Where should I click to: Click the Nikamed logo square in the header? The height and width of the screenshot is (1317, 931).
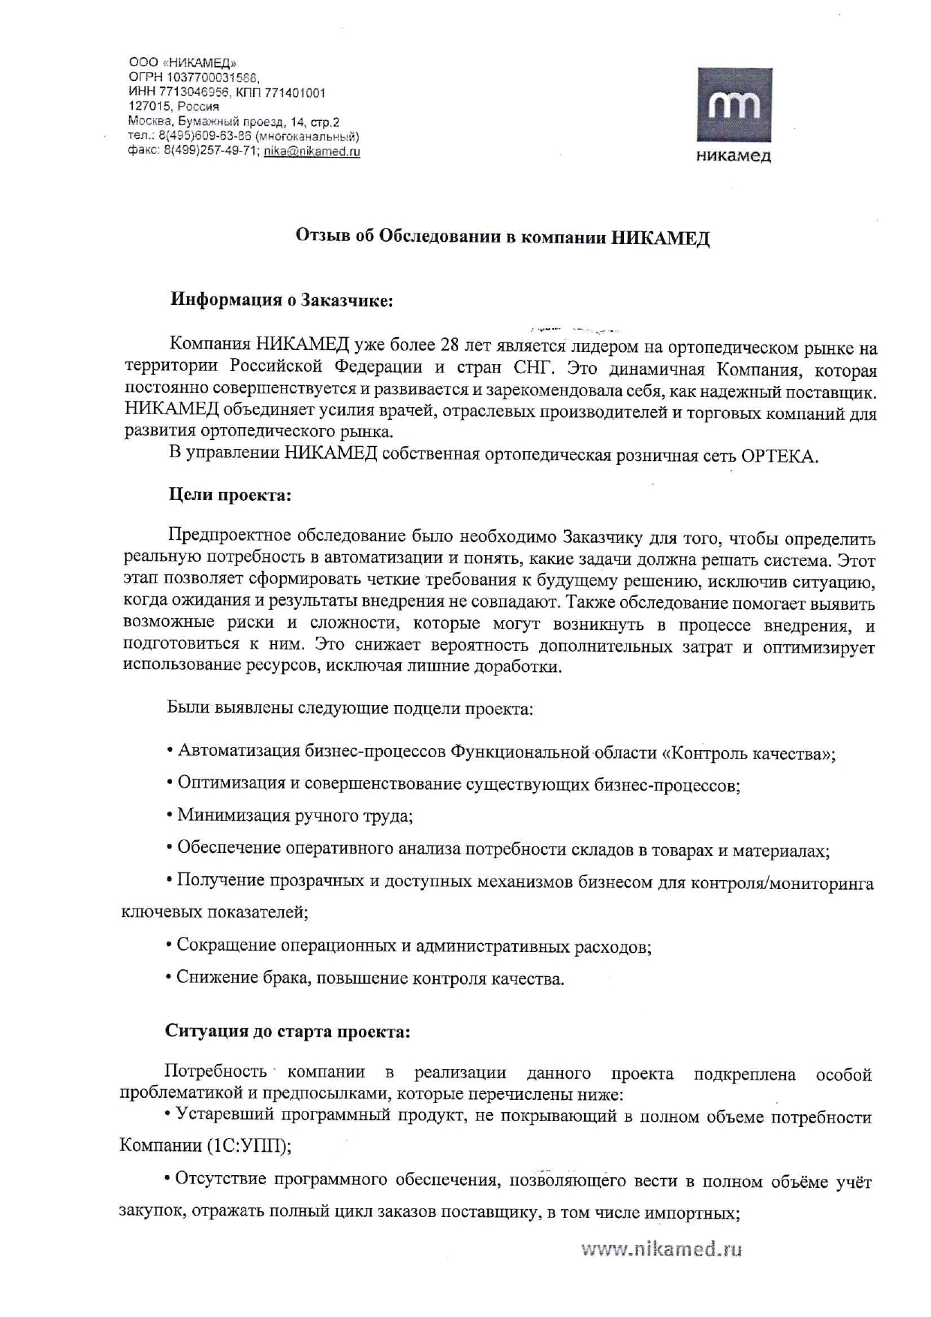(x=734, y=105)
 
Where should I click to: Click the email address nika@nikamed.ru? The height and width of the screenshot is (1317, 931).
(x=312, y=151)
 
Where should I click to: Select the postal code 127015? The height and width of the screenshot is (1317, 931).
(x=146, y=107)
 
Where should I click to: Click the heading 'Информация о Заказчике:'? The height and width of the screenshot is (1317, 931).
(x=282, y=301)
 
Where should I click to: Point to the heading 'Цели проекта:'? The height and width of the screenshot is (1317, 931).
(x=229, y=496)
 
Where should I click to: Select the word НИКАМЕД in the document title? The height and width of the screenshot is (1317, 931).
(x=660, y=238)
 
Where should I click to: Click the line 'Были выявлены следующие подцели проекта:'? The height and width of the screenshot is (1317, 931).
(x=350, y=708)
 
